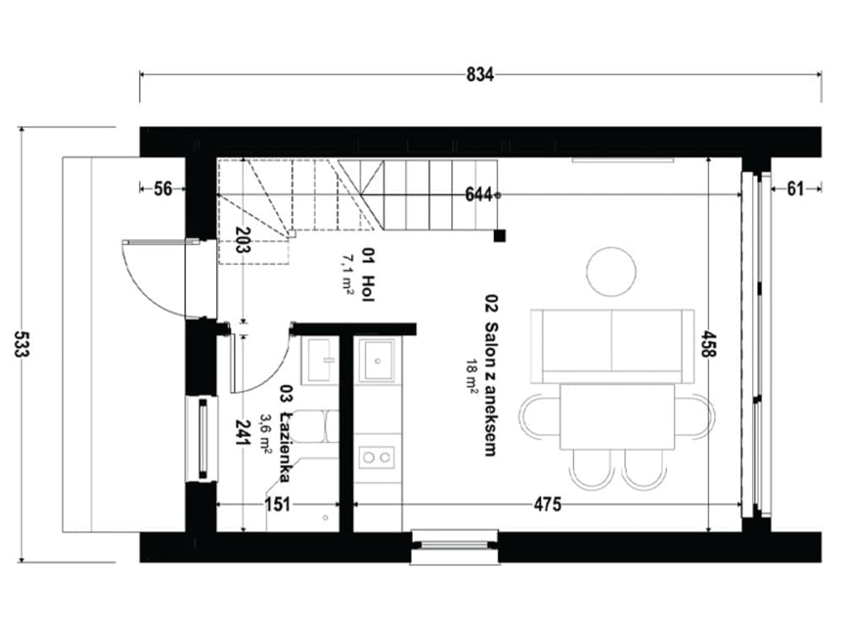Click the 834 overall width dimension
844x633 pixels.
(x=479, y=75)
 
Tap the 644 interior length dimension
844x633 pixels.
(x=478, y=195)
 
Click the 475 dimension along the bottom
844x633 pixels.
(x=548, y=505)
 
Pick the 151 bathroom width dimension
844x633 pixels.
(x=278, y=505)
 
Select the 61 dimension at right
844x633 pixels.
(x=795, y=189)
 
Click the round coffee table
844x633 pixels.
(x=611, y=271)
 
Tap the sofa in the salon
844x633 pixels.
(x=612, y=345)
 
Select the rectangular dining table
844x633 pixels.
(x=617, y=416)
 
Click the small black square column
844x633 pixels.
(x=500, y=235)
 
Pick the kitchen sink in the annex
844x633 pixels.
(x=376, y=360)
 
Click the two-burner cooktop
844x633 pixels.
(x=376, y=457)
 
